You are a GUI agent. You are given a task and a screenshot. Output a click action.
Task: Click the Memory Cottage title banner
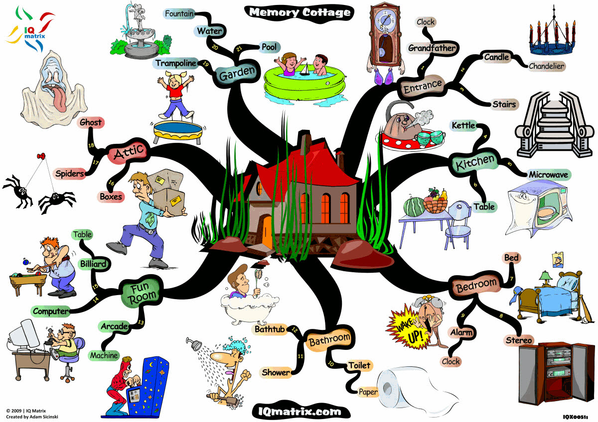[299, 13]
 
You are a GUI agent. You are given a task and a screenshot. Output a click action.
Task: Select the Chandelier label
[546, 66]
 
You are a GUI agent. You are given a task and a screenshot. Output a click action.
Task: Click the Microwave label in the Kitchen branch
[548, 175]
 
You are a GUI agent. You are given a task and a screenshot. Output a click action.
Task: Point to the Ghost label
[91, 122]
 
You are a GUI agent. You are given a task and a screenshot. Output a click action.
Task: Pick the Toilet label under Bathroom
[359, 365]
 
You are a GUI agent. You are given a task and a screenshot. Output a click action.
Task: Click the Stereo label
[518, 340]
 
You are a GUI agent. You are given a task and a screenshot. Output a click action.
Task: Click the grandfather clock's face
[385, 19]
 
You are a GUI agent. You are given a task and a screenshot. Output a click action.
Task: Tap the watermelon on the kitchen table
[414, 207]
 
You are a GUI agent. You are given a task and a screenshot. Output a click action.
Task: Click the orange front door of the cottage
[267, 232]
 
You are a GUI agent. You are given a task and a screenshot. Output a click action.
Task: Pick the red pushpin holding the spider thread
[41, 156]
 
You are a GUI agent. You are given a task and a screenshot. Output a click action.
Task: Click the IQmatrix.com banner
[300, 412]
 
